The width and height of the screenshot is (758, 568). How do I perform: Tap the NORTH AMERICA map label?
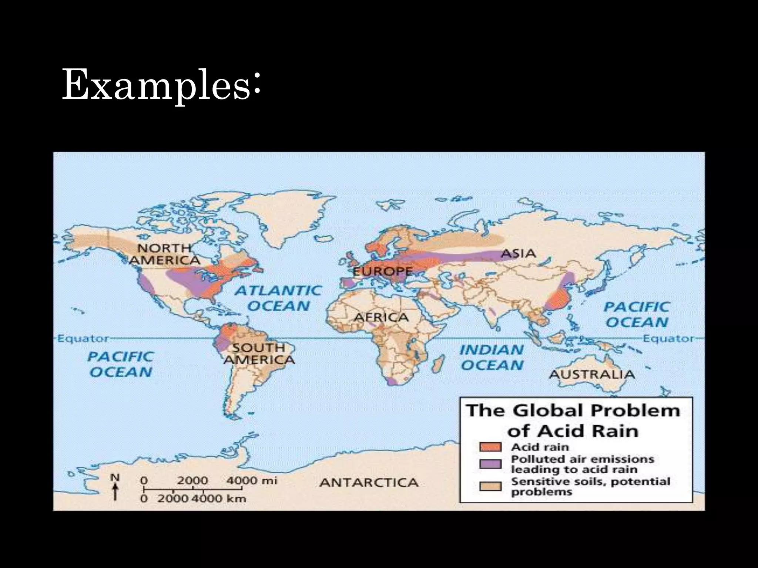tap(164, 254)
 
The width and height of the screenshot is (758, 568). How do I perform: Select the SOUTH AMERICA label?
tap(259, 354)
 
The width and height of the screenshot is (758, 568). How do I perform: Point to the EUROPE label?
tap(382, 272)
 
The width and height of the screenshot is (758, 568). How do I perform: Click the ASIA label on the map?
tap(518, 254)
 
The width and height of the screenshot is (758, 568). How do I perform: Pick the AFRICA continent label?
tap(381, 317)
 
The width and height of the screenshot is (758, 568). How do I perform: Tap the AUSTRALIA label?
tap(591, 374)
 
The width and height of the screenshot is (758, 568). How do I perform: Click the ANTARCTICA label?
tap(369, 483)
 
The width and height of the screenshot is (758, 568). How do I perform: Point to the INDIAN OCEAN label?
tap(492, 357)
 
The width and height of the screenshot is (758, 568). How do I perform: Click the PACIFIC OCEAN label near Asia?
tap(637, 314)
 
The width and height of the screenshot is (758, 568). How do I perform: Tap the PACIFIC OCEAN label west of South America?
tap(121, 364)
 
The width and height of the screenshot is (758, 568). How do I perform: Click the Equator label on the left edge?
tap(82, 338)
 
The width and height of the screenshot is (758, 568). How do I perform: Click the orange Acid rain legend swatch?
tap(490, 447)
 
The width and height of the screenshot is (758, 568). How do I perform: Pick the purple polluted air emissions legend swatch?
tap(490, 464)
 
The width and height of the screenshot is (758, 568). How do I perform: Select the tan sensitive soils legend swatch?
tap(490, 486)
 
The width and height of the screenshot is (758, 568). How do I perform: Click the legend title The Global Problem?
tap(573, 410)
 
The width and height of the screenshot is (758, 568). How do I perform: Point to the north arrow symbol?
tap(115, 487)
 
